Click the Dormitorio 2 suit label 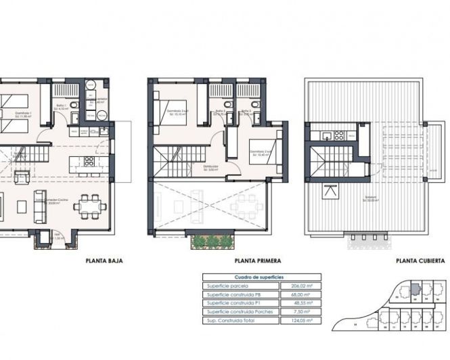(x=259, y=151)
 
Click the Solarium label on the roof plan (x=369, y=198)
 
